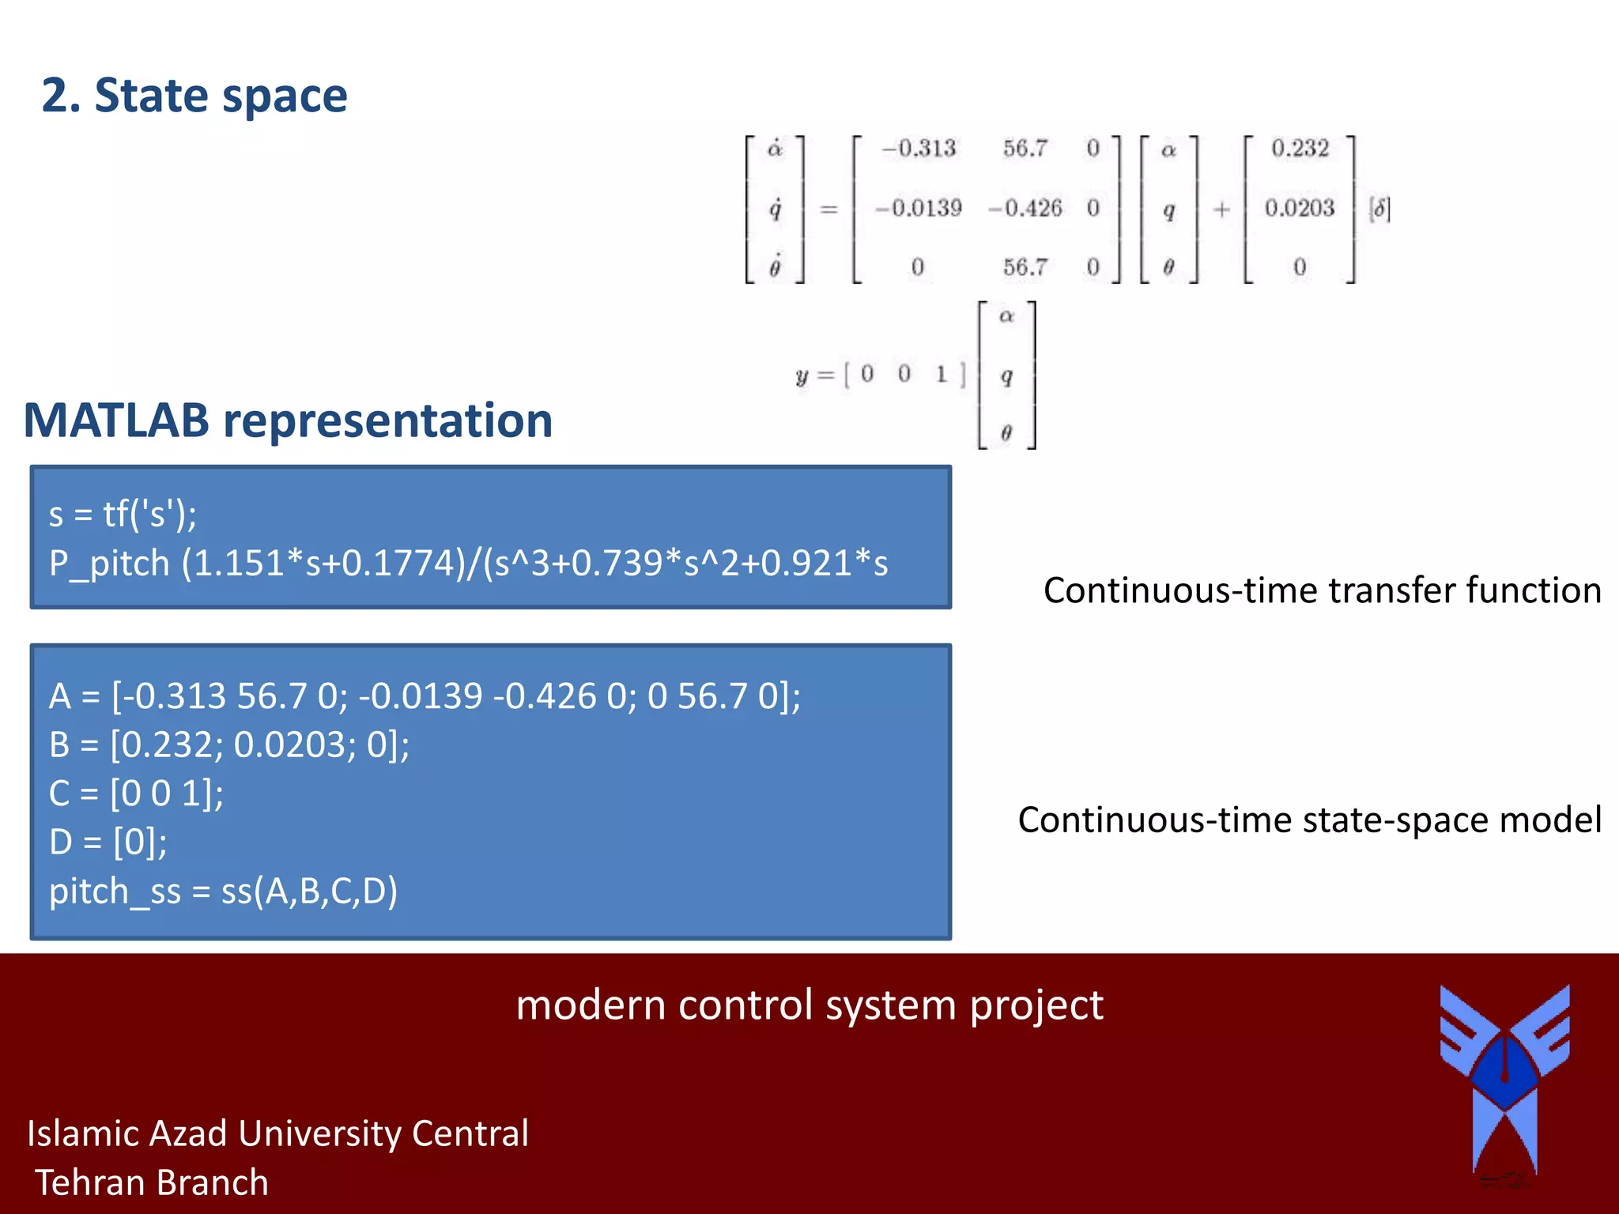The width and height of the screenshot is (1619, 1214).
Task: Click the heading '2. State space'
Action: pos(194,96)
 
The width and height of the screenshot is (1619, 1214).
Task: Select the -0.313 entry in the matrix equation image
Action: pos(919,149)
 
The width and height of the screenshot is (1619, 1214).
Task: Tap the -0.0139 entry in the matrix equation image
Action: pos(919,208)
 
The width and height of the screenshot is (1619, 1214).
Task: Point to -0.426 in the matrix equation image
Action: pos(1025,208)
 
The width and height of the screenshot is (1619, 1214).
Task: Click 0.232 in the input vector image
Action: pos(1300,149)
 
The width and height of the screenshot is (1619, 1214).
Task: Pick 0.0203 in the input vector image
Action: pos(1300,208)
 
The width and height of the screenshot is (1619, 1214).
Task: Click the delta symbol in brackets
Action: pos(1379,209)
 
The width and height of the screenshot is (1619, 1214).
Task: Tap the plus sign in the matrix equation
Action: pos(1221,209)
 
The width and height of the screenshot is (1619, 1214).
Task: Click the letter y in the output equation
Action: pos(802,375)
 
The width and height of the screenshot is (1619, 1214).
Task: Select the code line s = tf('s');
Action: pos(123,515)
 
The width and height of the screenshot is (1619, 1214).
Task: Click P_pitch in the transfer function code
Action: pos(109,564)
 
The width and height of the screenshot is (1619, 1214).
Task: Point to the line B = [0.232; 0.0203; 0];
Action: pos(229,745)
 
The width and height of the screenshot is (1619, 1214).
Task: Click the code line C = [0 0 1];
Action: pos(136,793)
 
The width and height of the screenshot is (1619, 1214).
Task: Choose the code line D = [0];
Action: pos(108,842)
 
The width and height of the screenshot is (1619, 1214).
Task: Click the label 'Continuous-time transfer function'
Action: pos(1322,590)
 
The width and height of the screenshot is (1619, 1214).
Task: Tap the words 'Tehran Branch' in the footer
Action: pos(152,1182)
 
